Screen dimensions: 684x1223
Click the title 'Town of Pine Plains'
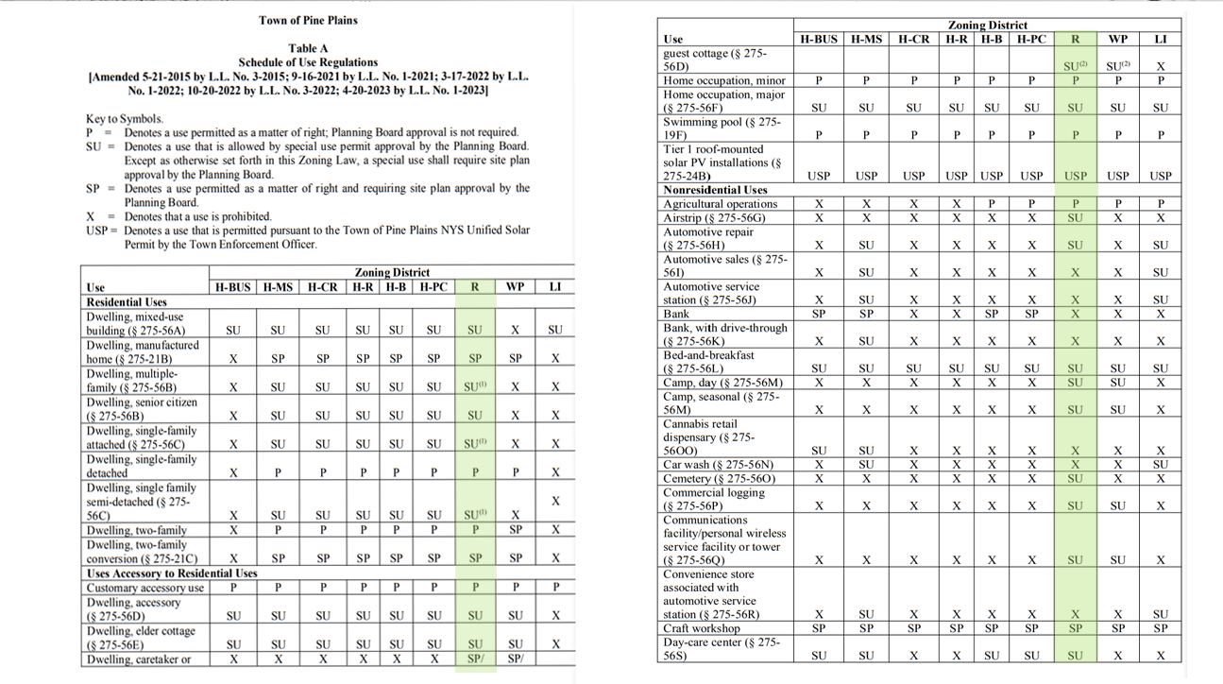click(308, 20)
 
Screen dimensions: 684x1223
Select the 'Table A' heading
click(308, 48)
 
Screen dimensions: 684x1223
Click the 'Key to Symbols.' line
click(125, 119)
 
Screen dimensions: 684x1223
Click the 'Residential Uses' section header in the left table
click(127, 302)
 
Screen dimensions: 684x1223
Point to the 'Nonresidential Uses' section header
click(715, 190)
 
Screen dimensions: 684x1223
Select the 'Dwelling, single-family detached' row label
click(142, 466)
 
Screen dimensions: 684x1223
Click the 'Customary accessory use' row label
click(144, 588)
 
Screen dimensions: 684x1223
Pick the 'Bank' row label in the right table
click(676, 314)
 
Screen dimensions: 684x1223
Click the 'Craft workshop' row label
click(702, 628)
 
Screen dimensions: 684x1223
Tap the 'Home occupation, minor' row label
click(724, 81)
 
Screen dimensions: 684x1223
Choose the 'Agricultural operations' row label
click(721, 204)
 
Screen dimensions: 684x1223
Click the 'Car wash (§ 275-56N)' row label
click(718, 465)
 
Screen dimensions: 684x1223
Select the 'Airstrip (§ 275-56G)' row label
click(714, 217)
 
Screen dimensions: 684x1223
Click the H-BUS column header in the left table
click(232, 287)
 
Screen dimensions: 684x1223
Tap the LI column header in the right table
click(1161, 40)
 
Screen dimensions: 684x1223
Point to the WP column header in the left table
click(515, 287)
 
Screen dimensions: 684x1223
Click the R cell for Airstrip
click(1075, 217)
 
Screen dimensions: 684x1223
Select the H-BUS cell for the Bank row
click(819, 314)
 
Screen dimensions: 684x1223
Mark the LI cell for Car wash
click(1161, 465)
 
